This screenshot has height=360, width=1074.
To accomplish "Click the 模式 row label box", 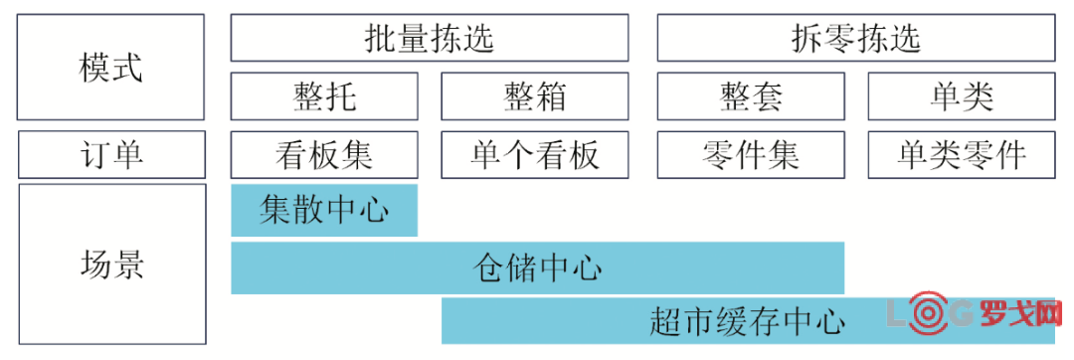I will [x=111, y=68].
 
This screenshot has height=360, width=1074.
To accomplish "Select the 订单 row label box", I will [x=111, y=154].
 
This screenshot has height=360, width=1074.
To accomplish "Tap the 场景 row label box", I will [x=111, y=265].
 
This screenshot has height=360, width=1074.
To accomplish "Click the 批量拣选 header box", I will [x=429, y=38].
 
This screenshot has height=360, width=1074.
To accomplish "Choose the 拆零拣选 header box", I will [x=855, y=38].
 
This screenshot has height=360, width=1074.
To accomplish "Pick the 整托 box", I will [x=324, y=96].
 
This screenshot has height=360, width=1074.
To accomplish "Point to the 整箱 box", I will [x=534, y=96].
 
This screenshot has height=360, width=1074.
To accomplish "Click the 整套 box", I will [x=751, y=96].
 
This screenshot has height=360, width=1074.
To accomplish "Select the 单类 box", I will [x=961, y=96].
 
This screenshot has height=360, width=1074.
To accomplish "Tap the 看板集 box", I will [x=324, y=154].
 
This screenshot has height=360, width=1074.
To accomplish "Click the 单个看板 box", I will [x=534, y=154].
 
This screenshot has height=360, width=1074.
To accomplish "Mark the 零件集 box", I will [x=751, y=154].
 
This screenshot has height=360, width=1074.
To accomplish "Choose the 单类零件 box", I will [x=961, y=154].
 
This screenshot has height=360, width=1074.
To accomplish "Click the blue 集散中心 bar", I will [x=324, y=210].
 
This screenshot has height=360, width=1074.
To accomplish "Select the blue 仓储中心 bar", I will [x=537, y=268].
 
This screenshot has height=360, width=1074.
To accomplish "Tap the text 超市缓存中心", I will [x=747, y=321].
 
